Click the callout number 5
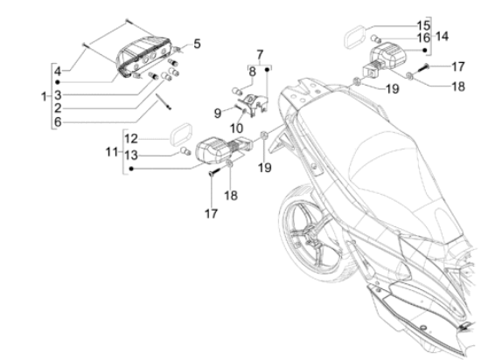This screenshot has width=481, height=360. tap(197, 44)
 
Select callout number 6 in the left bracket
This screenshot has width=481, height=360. tap(58, 122)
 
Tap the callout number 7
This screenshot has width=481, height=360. tap(260, 55)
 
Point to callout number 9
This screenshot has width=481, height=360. tap(218, 114)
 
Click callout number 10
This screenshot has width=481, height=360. tap(236, 128)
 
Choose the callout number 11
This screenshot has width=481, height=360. tap(112, 152)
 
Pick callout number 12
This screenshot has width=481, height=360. tap(131, 139)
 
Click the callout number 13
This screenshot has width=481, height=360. tap(131, 156)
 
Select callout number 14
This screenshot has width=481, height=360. tap(442, 37)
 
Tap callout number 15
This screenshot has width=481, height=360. tap(423, 25)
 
